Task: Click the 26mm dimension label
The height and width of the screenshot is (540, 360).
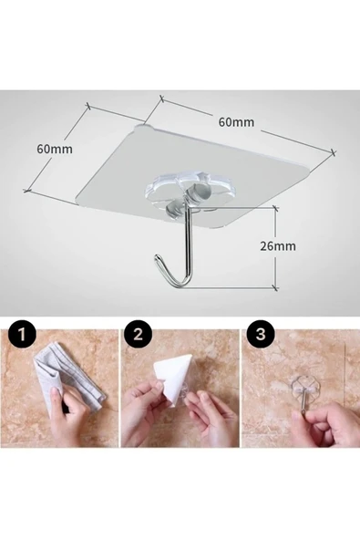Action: click(x=278, y=246)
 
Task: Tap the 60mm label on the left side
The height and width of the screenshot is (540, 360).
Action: click(x=55, y=149)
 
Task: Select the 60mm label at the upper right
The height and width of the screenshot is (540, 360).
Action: click(x=236, y=122)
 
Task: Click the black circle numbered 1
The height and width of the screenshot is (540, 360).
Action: click(x=22, y=333)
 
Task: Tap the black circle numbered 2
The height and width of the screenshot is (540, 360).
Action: click(x=138, y=333)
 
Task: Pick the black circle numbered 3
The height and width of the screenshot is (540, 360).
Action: click(x=261, y=333)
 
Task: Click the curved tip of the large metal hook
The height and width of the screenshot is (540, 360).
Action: click(x=157, y=257)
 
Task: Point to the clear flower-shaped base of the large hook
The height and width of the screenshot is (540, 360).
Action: click(x=179, y=189)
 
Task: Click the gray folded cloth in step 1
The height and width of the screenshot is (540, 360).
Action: click(x=68, y=378)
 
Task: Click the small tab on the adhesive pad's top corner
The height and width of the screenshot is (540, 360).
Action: click(x=145, y=127)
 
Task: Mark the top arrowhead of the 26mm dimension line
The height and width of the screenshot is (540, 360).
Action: click(x=275, y=208)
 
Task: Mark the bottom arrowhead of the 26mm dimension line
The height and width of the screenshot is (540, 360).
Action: click(x=275, y=286)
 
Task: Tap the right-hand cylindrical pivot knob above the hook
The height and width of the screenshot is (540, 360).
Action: click(x=198, y=192)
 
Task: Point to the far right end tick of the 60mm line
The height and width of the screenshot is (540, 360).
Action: click(x=333, y=151)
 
